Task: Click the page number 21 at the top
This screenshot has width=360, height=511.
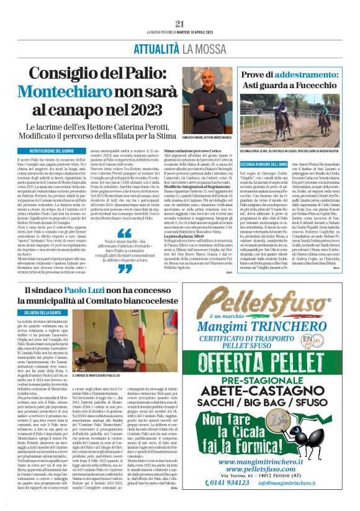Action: click(x=180, y=24)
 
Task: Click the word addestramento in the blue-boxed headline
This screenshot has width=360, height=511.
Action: click(x=310, y=74)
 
